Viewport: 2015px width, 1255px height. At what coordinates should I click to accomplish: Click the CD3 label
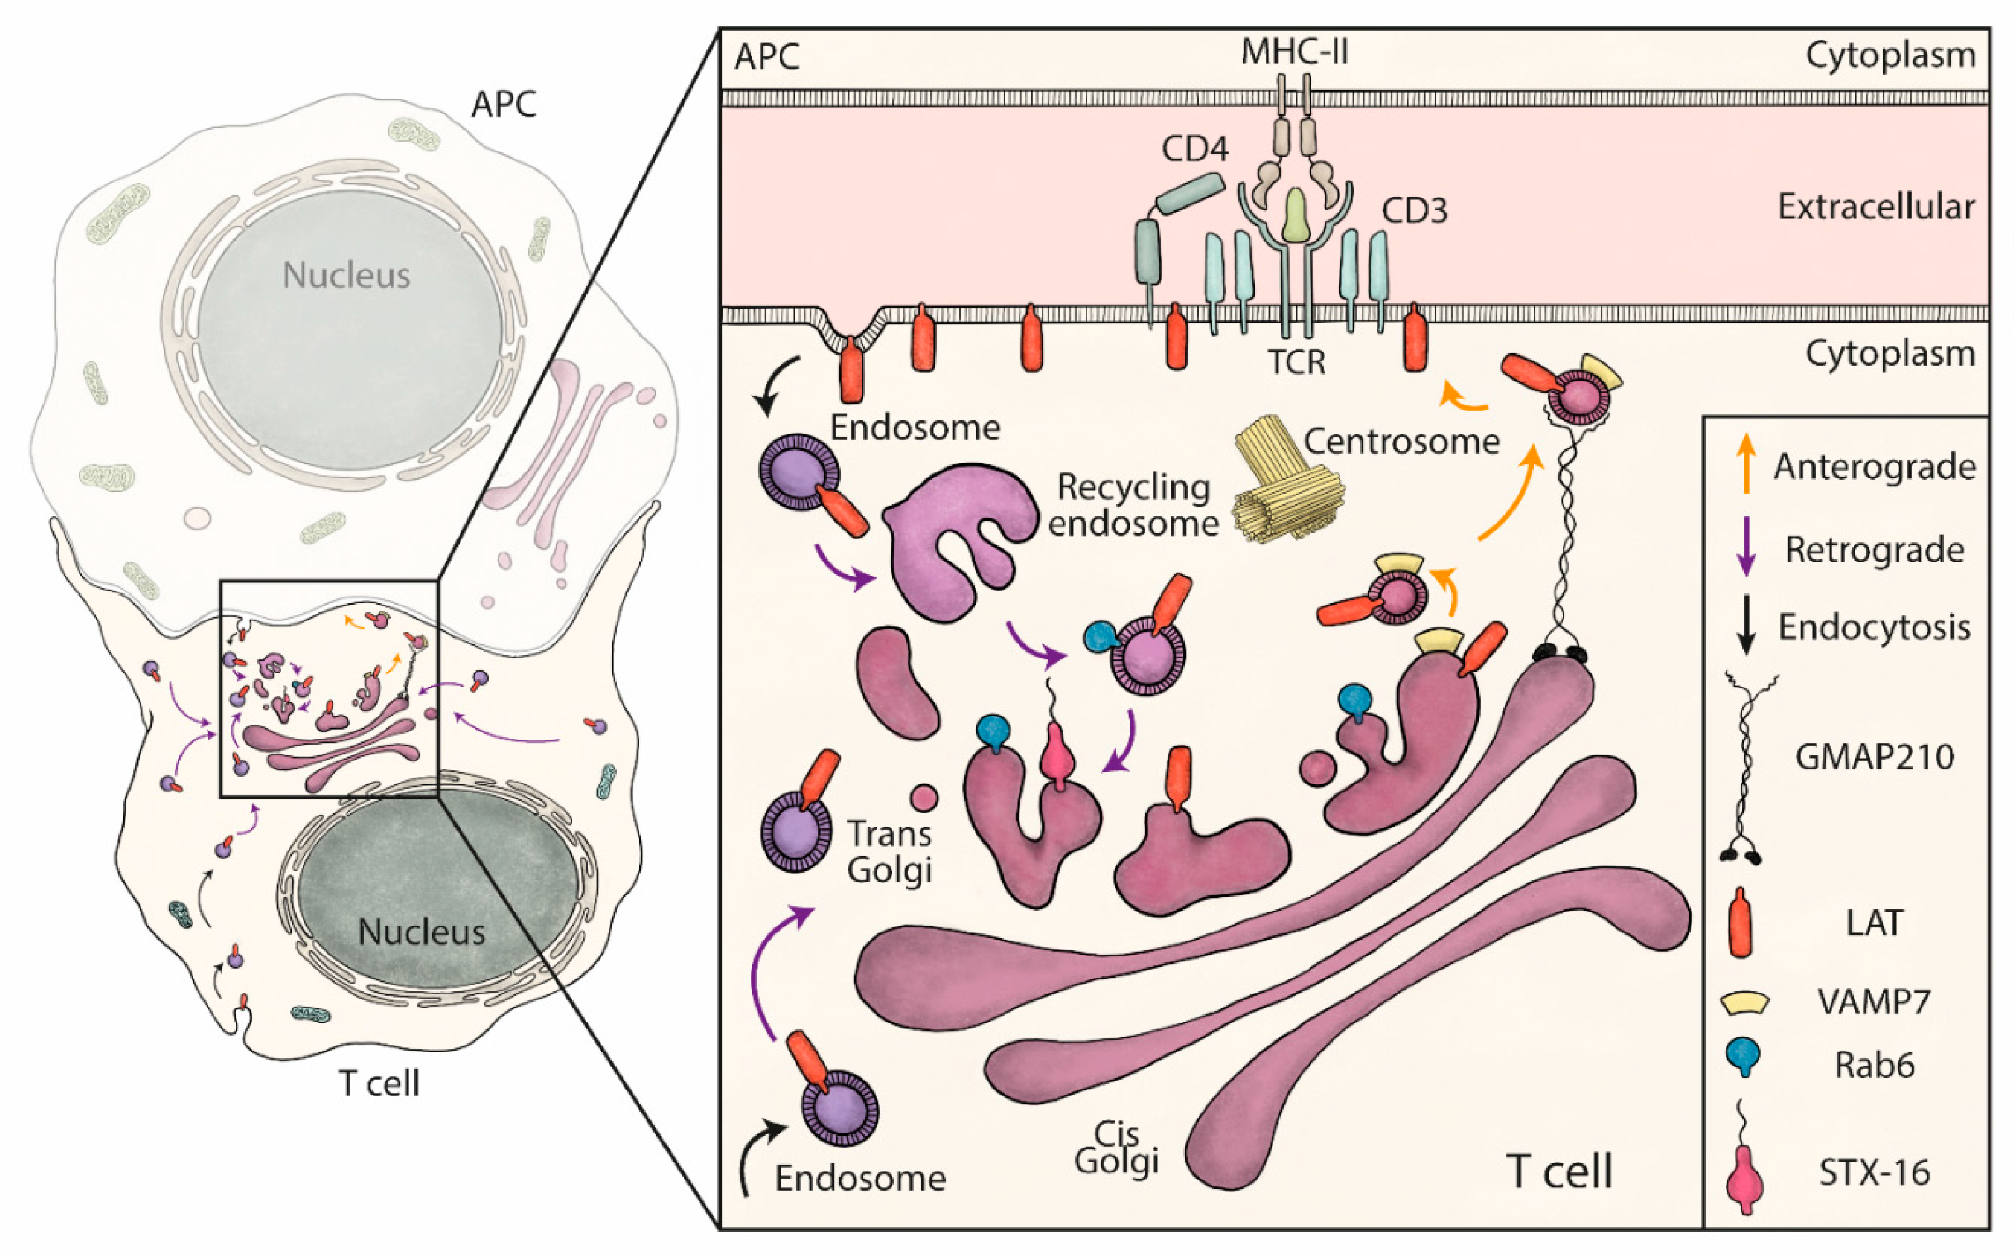[1414, 211]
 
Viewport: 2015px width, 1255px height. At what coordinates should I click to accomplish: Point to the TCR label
[1296, 363]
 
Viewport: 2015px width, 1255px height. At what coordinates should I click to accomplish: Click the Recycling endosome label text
[1133, 505]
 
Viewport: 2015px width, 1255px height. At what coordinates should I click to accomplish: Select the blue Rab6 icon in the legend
[1744, 1058]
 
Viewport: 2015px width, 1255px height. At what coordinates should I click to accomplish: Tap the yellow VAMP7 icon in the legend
[1744, 1003]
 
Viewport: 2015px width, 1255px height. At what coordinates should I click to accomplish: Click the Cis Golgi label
[1116, 1148]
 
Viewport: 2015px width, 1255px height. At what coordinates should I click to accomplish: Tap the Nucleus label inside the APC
[346, 275]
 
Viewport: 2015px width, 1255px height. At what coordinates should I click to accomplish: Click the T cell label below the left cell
[379, 1083]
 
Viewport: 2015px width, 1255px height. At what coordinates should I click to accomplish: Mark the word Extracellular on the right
[1875, 206]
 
